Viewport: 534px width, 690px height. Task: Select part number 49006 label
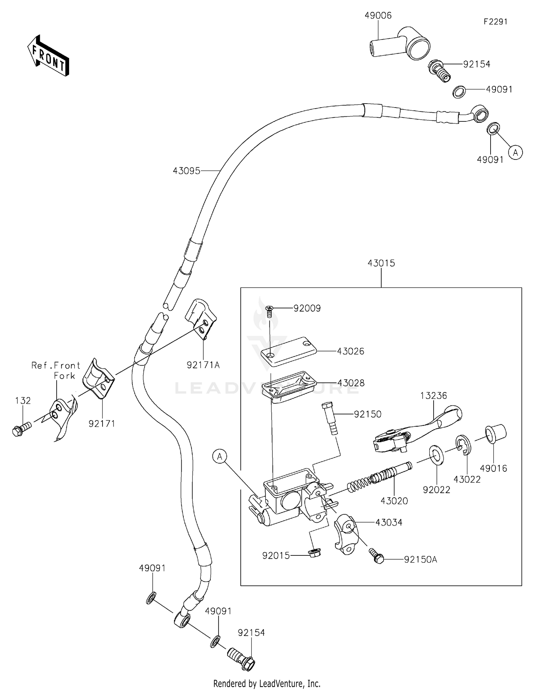(378, 15)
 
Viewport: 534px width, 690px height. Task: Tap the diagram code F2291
(495, 22)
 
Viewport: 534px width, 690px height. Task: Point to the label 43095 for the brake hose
(187, 171)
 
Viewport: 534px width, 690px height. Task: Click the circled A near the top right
(515, 152)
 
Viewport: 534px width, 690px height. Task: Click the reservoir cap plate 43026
(289, 351)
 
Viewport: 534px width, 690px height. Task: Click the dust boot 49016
(496, 434)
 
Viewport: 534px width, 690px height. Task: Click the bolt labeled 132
(21, 428)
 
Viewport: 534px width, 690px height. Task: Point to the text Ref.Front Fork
(56, 370)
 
